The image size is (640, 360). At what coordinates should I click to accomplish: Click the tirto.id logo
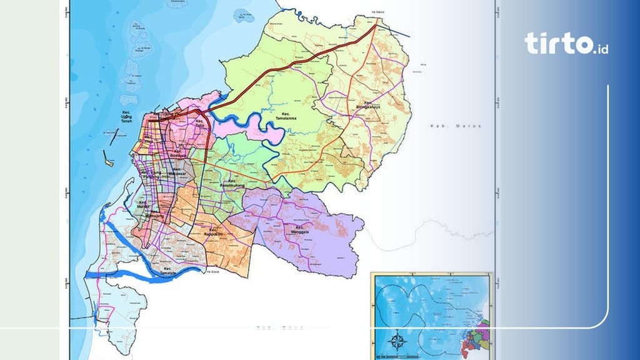pyautogui.click(x=566, y=43)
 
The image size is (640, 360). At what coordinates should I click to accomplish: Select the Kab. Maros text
pyautogui.click(x=456, y=126)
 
